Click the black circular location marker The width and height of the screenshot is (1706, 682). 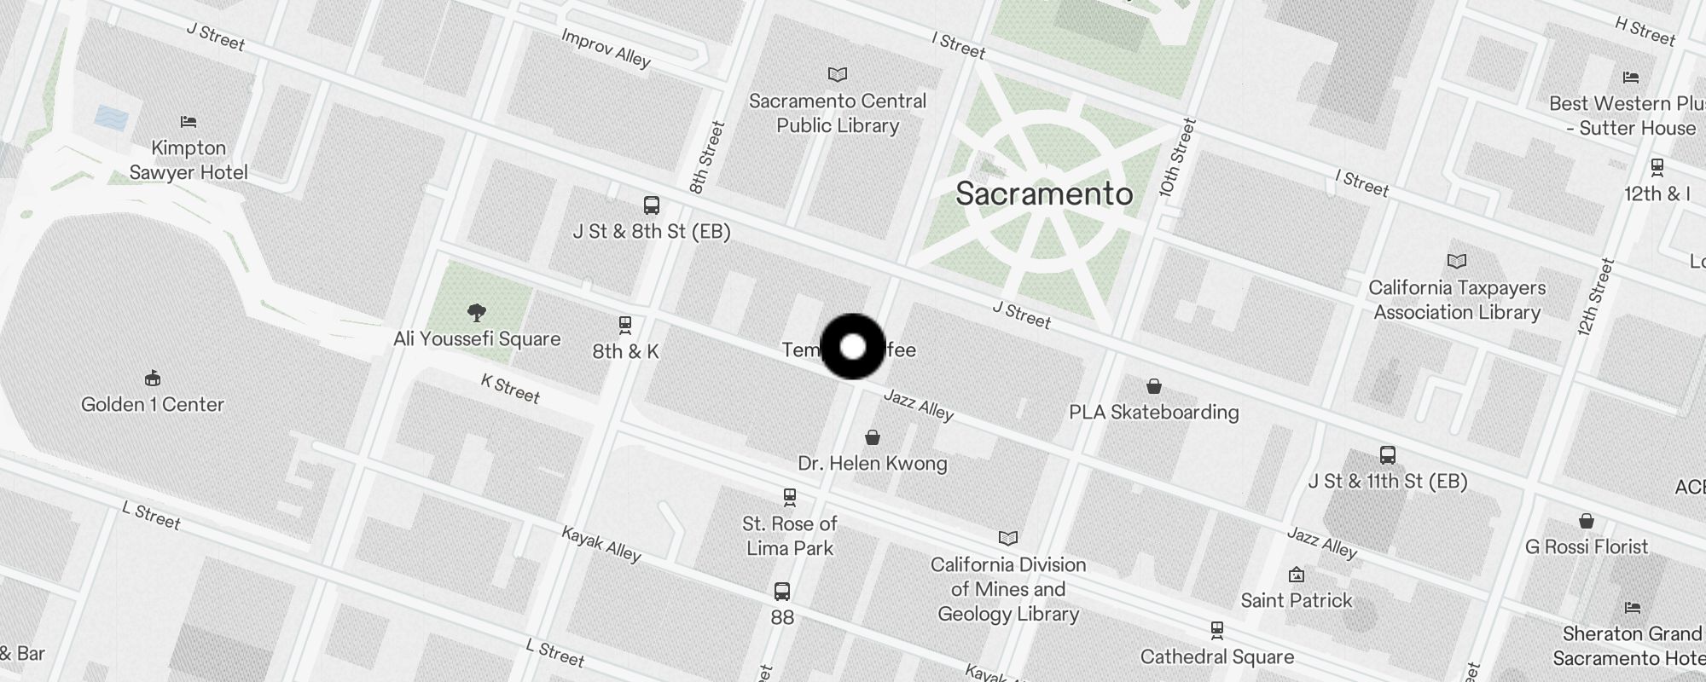click(852, 346)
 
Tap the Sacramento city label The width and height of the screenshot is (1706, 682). click(1043, 194)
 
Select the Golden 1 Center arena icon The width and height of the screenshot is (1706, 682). click(153, 378)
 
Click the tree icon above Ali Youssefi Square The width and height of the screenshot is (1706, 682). click(477, 313)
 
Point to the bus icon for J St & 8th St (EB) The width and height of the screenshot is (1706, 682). click(651, 205)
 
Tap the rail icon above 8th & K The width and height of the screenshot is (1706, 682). click(625, 325)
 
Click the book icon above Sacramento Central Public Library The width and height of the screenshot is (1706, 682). click(838, 75)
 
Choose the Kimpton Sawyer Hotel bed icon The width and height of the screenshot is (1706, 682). click(189, 122)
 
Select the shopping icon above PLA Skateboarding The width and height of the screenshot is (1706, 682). click(1153, 386)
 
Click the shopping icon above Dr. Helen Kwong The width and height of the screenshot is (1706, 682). click(872, 437)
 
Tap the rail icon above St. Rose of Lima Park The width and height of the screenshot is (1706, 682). click(790, 497)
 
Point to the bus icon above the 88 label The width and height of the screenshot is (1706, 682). click(781, 591)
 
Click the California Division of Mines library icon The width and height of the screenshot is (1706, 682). click(1008, 538)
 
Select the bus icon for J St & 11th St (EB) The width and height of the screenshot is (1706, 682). click(1387, 455)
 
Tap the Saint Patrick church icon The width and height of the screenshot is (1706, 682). click(1297, 575)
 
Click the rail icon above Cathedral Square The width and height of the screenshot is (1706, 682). click(1216, 631)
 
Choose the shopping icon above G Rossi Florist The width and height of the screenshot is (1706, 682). click(1586, 521)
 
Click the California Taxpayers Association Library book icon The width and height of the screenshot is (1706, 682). click(1457, 261)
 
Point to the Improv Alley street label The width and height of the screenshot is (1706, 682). click(606, 48)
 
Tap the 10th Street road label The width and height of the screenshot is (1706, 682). click(1177, 159)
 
